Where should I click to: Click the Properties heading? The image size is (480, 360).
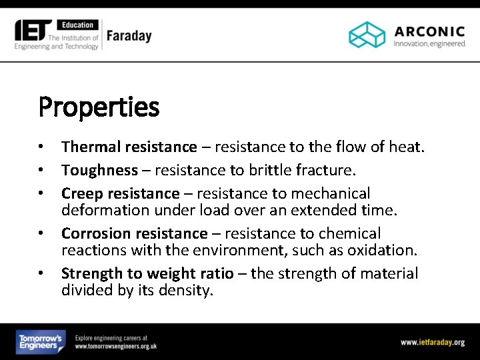(99, 107)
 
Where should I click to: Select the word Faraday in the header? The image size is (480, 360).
(129, 36)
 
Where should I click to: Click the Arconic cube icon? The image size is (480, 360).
(367, 35)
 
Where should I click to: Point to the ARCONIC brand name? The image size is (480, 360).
(429, 31)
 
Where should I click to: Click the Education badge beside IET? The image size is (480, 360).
(79, 25)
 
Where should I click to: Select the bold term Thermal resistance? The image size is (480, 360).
(129, 147)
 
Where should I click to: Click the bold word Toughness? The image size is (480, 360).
(99, 170)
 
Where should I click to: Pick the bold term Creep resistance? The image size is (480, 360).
(120, 193)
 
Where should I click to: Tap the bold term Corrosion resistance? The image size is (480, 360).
(134, 233)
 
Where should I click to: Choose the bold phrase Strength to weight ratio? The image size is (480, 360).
(147, 273)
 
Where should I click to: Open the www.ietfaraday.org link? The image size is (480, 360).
(432, 342)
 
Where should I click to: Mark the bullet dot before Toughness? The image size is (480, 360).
(41, 170)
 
